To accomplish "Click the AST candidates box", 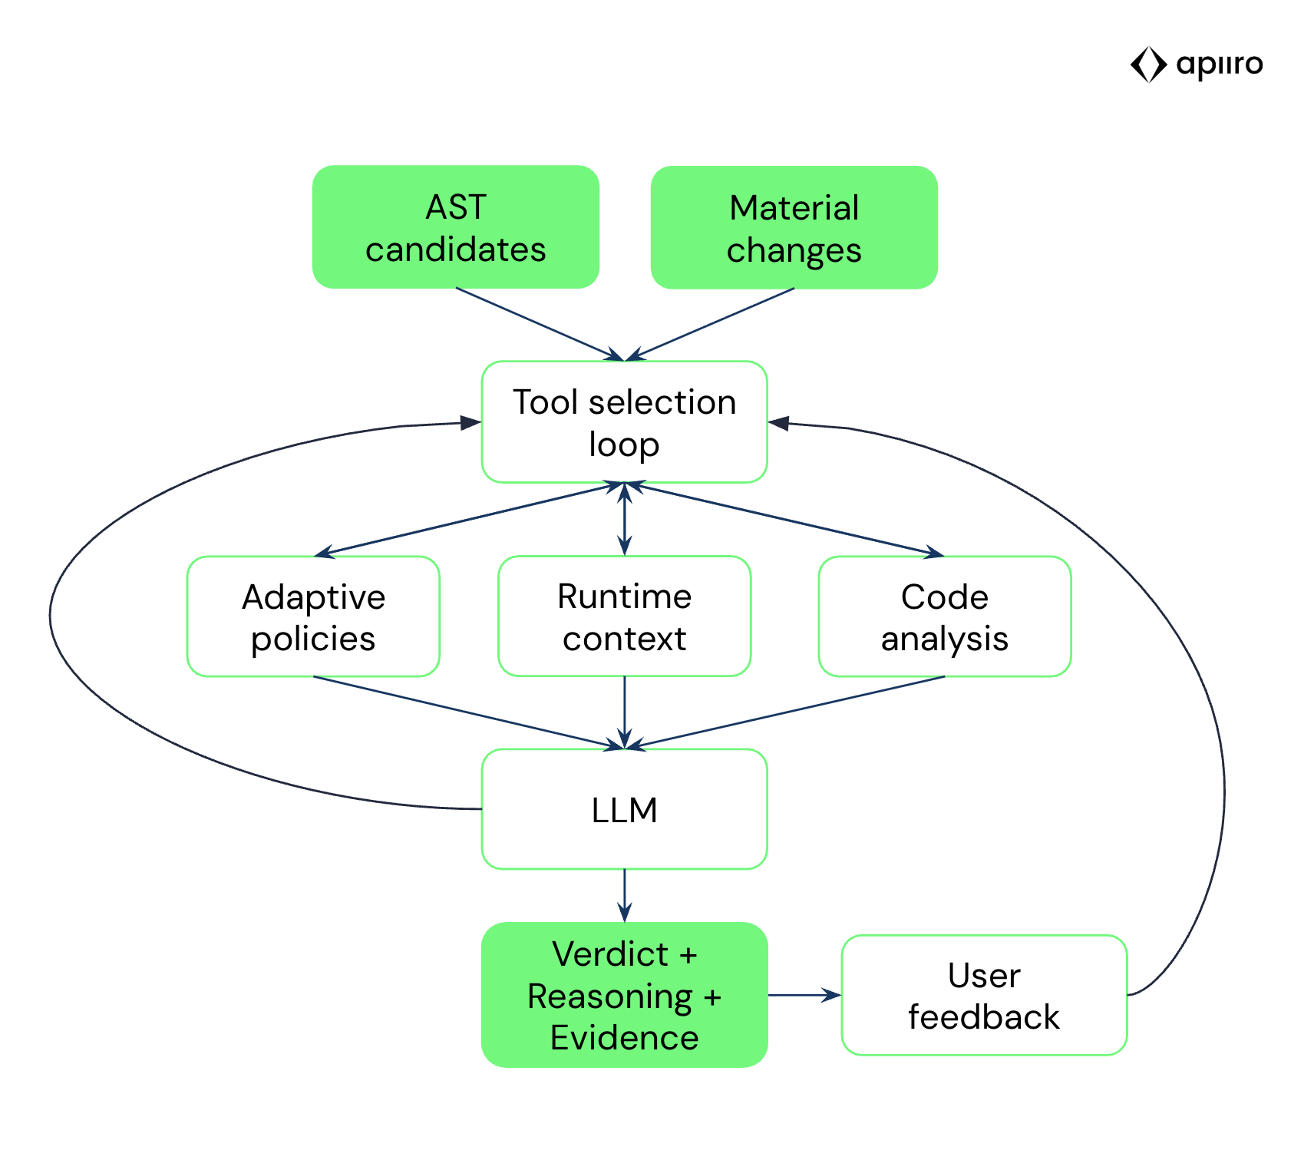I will coord(455,227).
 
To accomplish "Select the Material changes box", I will coord(794,228).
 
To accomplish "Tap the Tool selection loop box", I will coord(624,422).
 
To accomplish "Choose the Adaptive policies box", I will coord(313,616).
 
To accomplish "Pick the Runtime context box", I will coord(624,616).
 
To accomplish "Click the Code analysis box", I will coord(944,616).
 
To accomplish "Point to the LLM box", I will coord(624,809).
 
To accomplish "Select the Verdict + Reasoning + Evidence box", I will coord(624,995).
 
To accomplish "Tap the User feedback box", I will coord(984,995).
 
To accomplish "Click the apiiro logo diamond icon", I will coord(1148,64).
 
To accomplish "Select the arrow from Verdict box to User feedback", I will coord(804,995).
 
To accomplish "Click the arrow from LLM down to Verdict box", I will coord(624,895).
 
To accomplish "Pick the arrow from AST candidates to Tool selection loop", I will coord(537,323).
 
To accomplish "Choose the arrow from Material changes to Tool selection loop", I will coord(714,323).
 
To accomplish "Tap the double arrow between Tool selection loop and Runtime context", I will coord(624,519).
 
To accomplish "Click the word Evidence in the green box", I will coord(624,1037).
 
